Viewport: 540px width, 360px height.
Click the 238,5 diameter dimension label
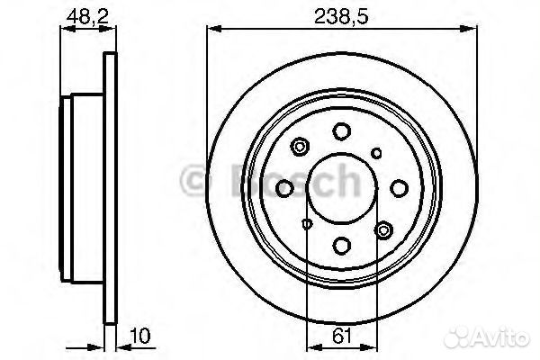click(340, 15)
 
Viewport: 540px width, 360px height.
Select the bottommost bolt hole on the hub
click(341, 244)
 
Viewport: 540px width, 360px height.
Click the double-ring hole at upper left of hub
click(300, 147)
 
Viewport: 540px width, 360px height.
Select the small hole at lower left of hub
click(306, 224)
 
